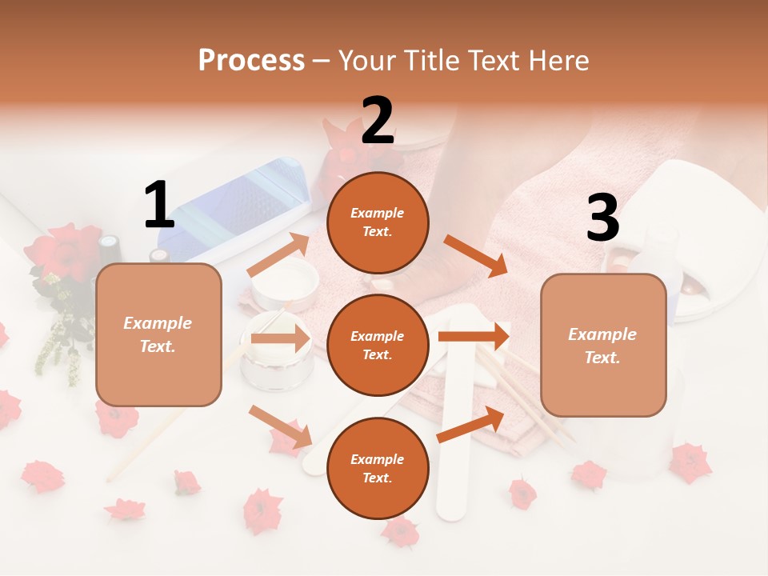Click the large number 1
(x=159, y=206)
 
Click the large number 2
(x=378, y=121)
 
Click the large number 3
(x=602, y=218)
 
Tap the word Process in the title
(x=251, y=60)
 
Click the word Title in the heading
(x=430, y=60)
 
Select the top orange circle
(x=378, y=222)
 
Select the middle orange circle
(x=378, y=345)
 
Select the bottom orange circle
(x=378, y=468)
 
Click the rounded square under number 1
(x=158, y=334)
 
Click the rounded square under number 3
(x=603, y=345)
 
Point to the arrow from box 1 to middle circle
(x=280, y=338)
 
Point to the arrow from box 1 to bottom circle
(x=281, y=426)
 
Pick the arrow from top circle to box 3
(x=476, y=256)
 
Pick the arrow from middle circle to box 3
(x=474, y=336)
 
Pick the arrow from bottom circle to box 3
(x=470, y=424)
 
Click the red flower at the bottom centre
(x=400, y=530)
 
